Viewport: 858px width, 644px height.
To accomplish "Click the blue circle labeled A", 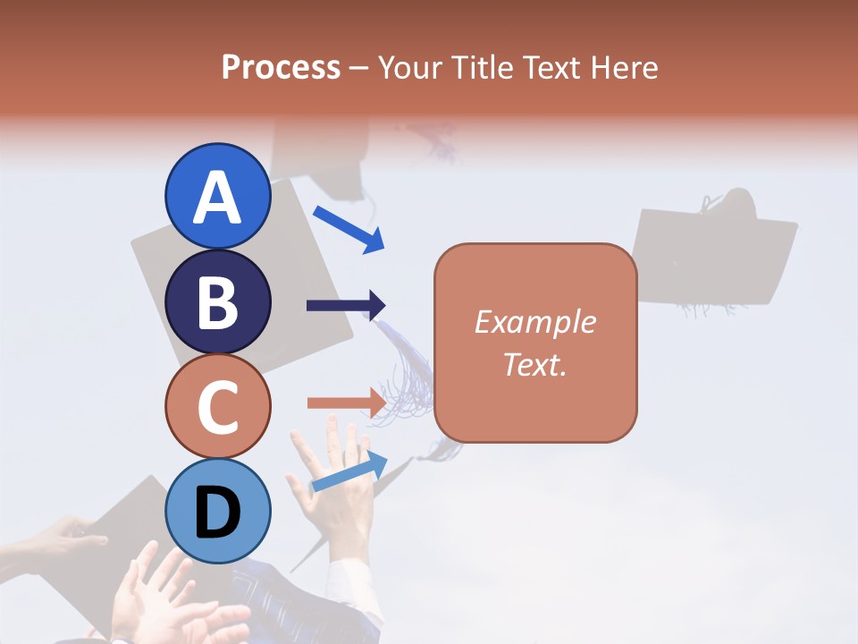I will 218,196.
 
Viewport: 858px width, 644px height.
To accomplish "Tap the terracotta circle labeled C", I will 218,407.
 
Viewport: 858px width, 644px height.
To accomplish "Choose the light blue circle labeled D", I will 218,512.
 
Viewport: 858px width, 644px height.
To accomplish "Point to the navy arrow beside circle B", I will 346,306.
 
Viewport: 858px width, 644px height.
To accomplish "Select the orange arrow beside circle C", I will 346,402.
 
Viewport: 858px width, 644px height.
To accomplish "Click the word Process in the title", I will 281,67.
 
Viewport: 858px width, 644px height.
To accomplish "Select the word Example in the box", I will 534,322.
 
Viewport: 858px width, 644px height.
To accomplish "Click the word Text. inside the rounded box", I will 534,364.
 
